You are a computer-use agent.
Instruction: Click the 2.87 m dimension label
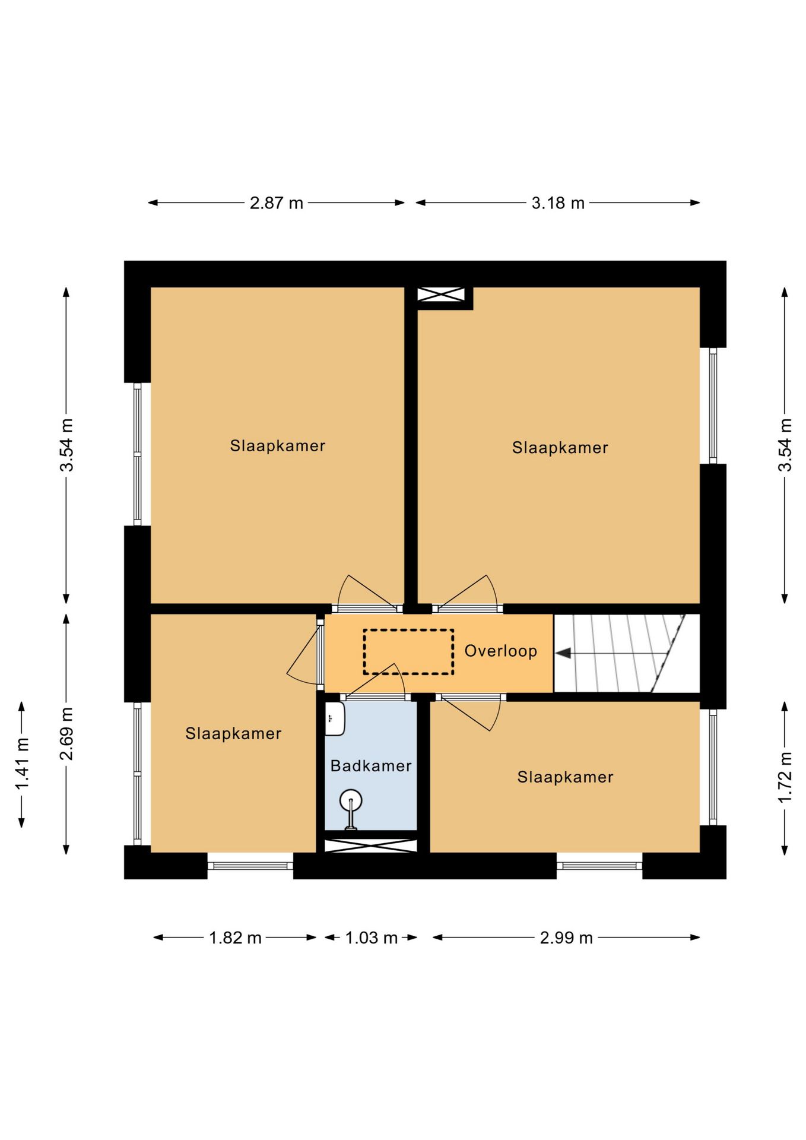coord(276,203)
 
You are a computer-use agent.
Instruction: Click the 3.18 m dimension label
coord(558,203)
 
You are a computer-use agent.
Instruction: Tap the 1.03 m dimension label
coord(371,938)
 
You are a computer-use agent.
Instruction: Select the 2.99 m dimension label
coord(566,938)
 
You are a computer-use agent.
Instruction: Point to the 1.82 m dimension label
coord(235,938)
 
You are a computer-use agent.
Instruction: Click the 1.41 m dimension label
coord(22,765)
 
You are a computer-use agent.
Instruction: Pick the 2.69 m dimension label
coord(66,734)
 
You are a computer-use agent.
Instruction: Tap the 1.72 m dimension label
coord(785,777)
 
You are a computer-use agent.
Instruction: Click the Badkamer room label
coord(371,766)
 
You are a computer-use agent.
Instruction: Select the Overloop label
coord(500,651)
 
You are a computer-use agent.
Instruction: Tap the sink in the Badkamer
coord(335,718)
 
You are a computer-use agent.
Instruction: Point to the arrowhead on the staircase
coord(563,653)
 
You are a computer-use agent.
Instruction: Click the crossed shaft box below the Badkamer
coord(371,845)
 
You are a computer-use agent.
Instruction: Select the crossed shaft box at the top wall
coord(441,294)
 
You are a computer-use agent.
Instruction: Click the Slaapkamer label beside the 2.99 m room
coord(565,777)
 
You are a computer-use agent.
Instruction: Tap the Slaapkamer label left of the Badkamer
coord(233,734)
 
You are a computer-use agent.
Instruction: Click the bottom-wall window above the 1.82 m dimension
coord(250,866)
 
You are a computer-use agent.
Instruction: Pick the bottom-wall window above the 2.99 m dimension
coord(599,866)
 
